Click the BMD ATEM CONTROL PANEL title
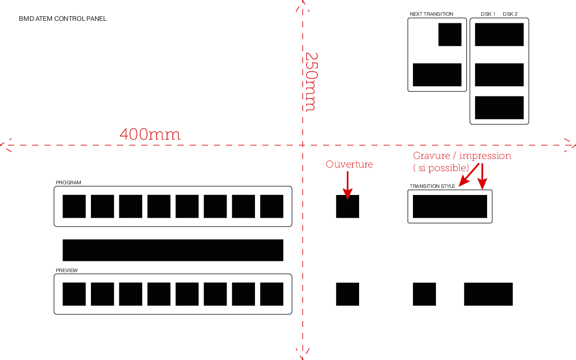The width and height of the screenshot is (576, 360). [x=63, y=19]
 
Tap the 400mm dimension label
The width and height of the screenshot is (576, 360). [x=150, y=135]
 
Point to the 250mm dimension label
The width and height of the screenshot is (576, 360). [x=311, y=82]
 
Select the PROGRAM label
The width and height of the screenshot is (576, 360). [x=69, y=183]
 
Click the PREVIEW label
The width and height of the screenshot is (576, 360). [x=67, y=270]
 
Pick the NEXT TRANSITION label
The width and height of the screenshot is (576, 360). [x=431, y=14]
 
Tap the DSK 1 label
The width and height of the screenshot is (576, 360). [x=488, y=14]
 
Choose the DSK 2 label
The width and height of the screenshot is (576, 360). [x=510, y=14]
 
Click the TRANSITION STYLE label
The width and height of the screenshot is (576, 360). [x=432, y=186]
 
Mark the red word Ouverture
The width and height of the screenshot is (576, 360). [x=349, y=164]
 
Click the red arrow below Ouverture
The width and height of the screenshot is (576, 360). [x=347, y=185]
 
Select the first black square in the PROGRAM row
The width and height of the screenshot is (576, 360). [x=74, y=207]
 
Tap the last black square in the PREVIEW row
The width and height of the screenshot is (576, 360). [x=272, y=294]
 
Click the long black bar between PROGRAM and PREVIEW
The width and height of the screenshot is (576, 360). [x=173, y=250]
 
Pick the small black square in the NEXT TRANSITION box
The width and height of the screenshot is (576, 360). [x=450, y=35]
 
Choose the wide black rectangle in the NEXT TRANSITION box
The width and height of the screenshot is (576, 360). [x=437, y=75]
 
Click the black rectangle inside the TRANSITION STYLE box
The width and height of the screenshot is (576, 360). [x=450, y=207]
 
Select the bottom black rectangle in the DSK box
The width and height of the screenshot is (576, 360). [x=499, y=108]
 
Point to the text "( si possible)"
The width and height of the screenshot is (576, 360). [x=441, y=168]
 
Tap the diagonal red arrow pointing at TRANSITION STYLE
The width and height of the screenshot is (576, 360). [x=469, y=175]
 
